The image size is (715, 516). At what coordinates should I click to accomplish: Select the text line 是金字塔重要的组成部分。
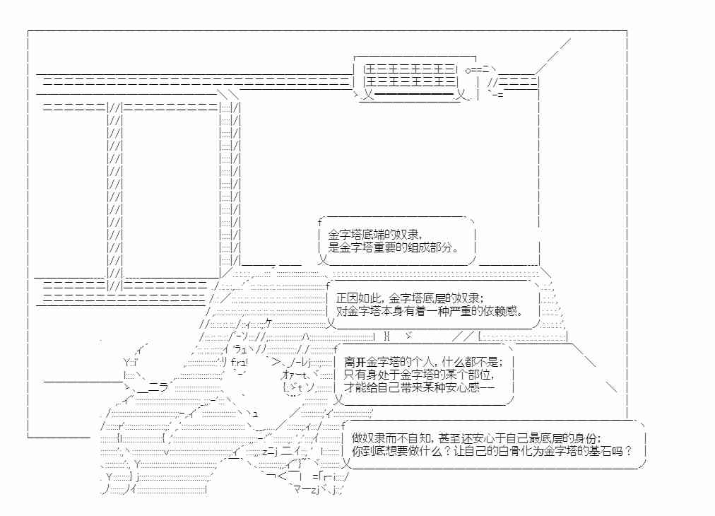pos(394,247)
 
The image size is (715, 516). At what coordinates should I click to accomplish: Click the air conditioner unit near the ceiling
pos(416,78)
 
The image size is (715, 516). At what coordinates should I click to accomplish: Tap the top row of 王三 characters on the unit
pos(410,70)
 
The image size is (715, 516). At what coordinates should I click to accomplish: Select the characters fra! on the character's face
pos(240,363)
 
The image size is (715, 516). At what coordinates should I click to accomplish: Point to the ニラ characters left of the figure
pos(158,387)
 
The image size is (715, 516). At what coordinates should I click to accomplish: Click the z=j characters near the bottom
pos(269,451)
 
